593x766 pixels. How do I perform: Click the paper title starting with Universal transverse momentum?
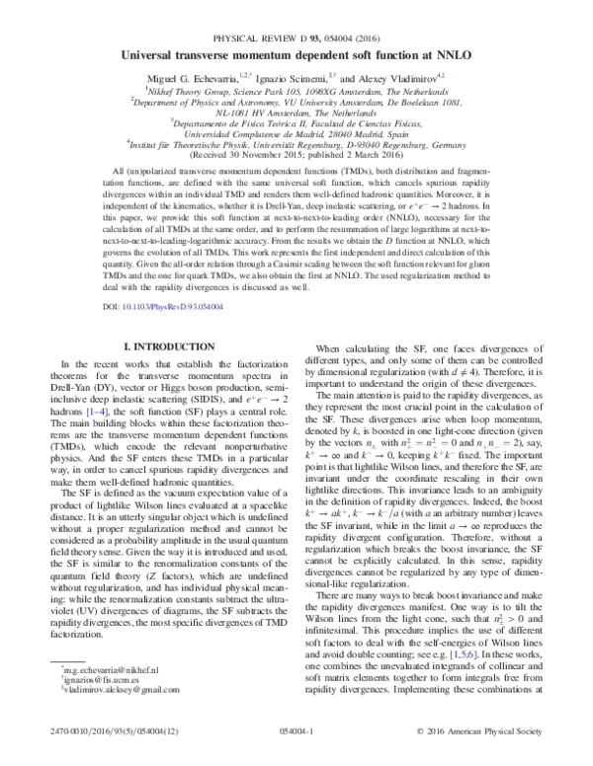(x=296, y=30)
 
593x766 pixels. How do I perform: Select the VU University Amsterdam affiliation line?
(x=296, y=86)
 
